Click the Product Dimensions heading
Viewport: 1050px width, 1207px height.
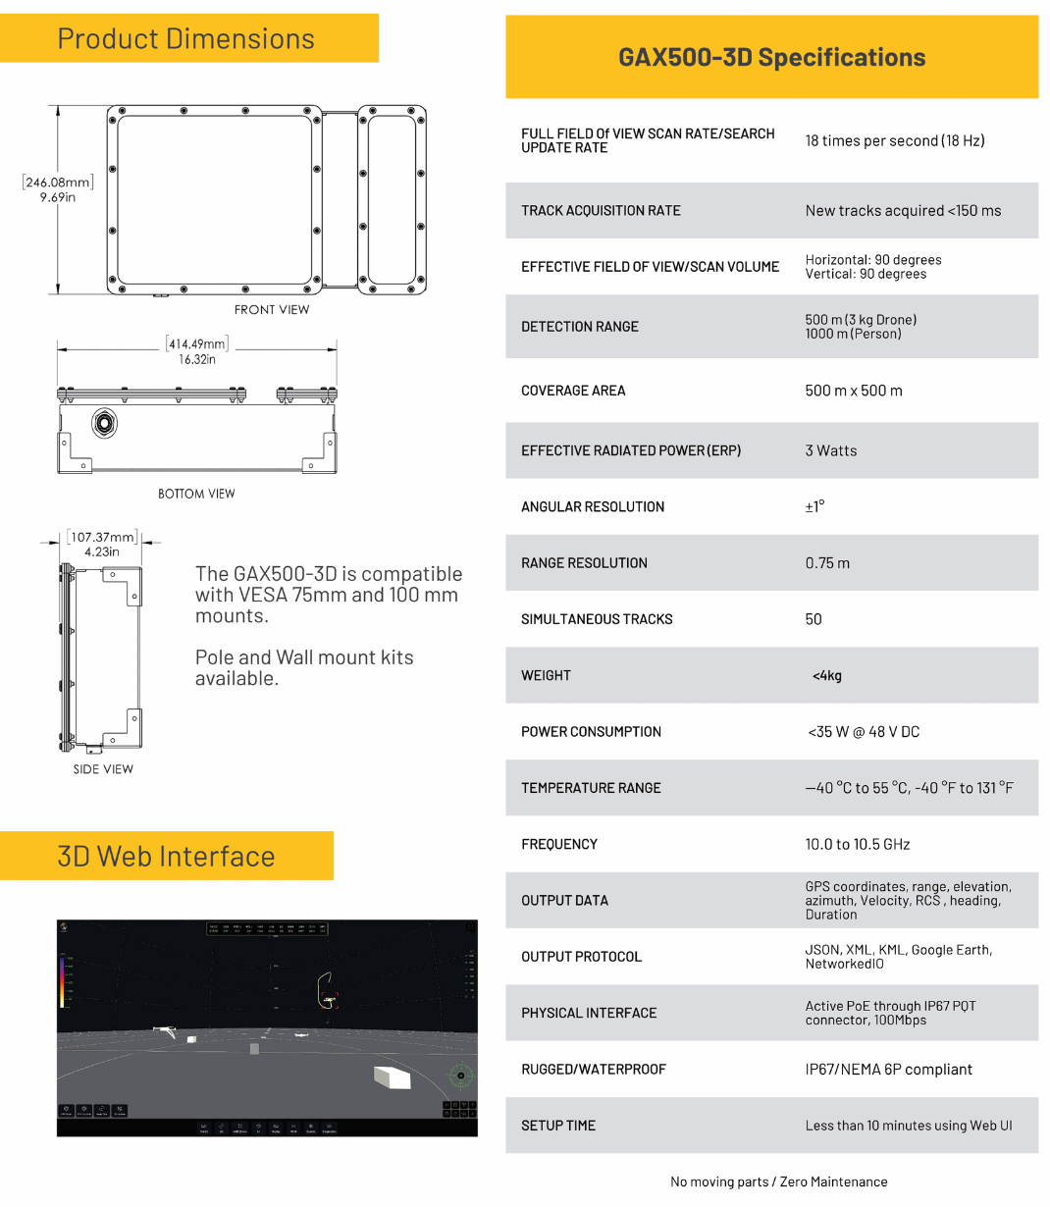185,39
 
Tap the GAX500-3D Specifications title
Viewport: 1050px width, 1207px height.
771,58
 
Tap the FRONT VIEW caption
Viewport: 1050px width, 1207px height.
272,310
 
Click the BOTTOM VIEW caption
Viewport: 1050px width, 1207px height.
196,494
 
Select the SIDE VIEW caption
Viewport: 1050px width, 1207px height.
103,769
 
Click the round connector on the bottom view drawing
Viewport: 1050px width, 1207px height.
104,423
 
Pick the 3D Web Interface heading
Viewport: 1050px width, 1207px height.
166,857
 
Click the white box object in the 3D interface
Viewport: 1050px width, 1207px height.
392,1076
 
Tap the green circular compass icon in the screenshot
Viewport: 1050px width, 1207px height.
461,1075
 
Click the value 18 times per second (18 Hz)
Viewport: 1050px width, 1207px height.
895,141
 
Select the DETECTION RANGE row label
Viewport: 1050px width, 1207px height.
580,327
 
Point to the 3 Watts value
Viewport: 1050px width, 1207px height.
831,451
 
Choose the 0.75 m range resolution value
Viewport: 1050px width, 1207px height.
827,563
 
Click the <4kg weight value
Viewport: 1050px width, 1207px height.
826,676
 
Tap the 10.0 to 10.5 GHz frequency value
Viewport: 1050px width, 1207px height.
858,845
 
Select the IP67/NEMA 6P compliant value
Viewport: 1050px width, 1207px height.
889,1070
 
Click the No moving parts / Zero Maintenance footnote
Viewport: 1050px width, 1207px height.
779,1182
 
